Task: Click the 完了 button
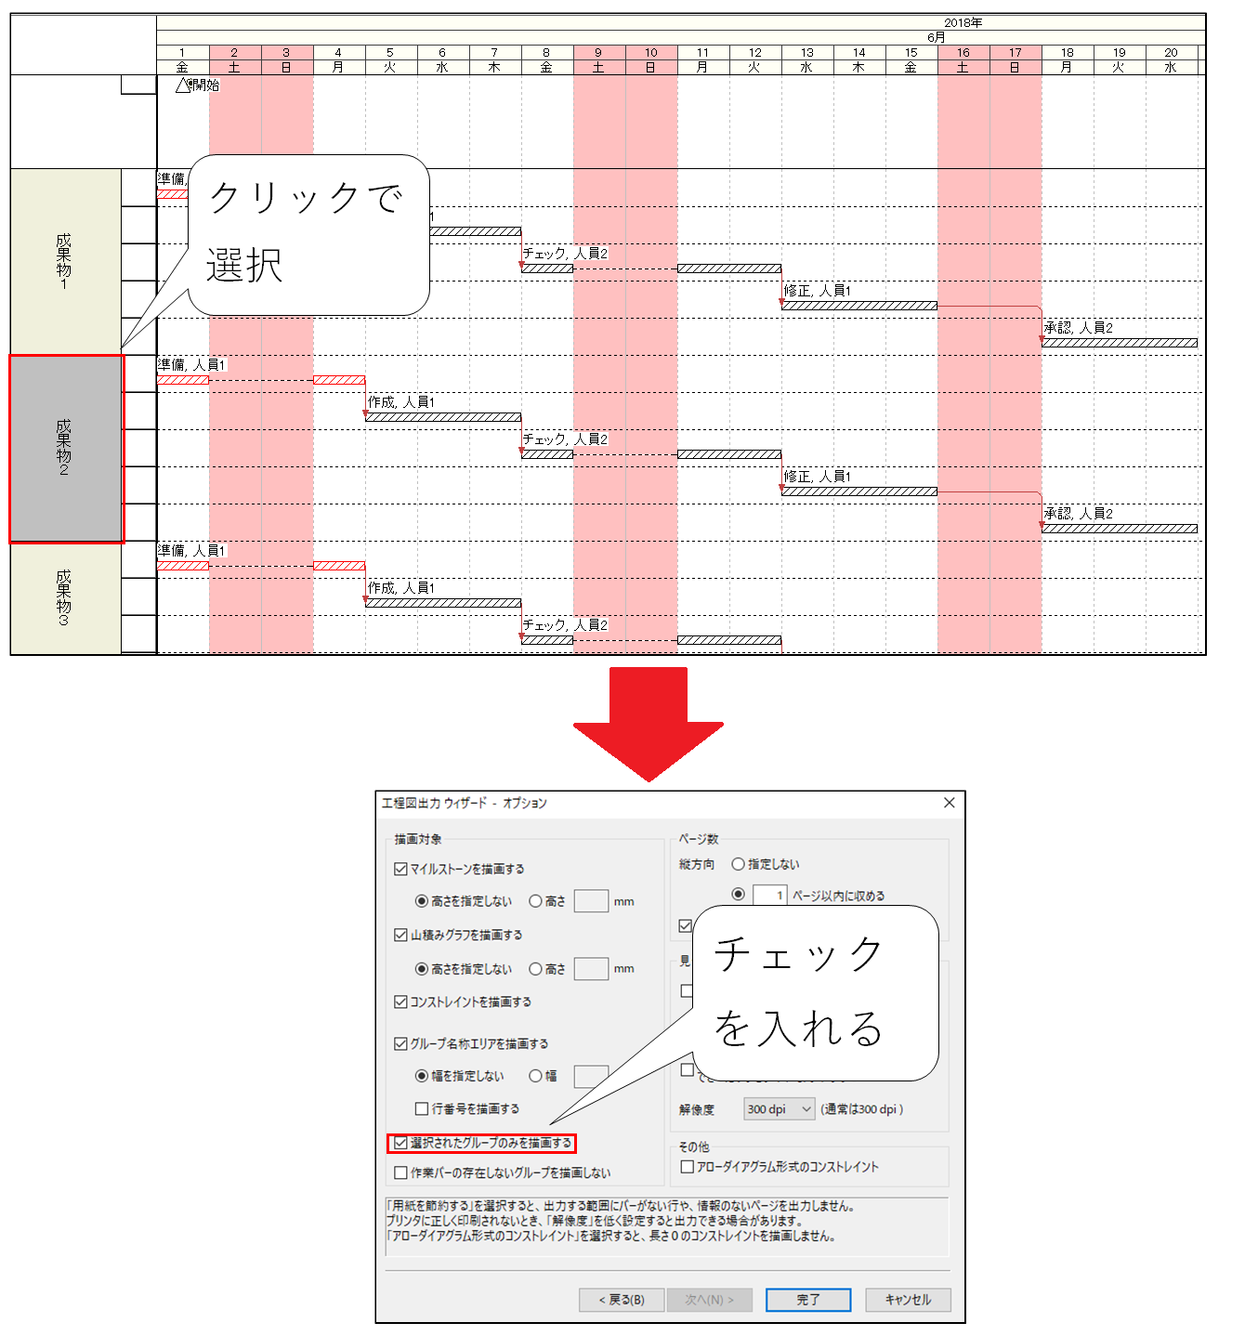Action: [x=807, y=1300]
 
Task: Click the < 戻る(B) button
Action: [x=622, y=1300]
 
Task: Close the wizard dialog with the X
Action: [x=949, y=803]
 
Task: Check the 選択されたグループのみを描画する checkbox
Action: [x=401, y=1143]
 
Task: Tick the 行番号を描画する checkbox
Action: [x=422, y=1108]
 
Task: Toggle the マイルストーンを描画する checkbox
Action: [x=401, y=869]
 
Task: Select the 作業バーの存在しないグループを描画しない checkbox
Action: [x=401, y=1172]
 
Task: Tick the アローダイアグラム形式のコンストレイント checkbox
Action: [x=688, y=1166]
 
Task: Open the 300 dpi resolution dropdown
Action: [x=780, y=1108]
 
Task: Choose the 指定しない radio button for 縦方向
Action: [x=739, y=864]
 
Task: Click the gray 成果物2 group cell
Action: [x=65, y=449]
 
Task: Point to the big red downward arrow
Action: [x=649, y=725]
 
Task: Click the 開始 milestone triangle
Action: [x=183, y=85]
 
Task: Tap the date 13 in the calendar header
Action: [x=806, y=53]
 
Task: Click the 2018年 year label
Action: [x=963, y=22]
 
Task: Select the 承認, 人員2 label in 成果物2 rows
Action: [x=1078, y=514]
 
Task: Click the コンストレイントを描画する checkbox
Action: [x=401, y=1002]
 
